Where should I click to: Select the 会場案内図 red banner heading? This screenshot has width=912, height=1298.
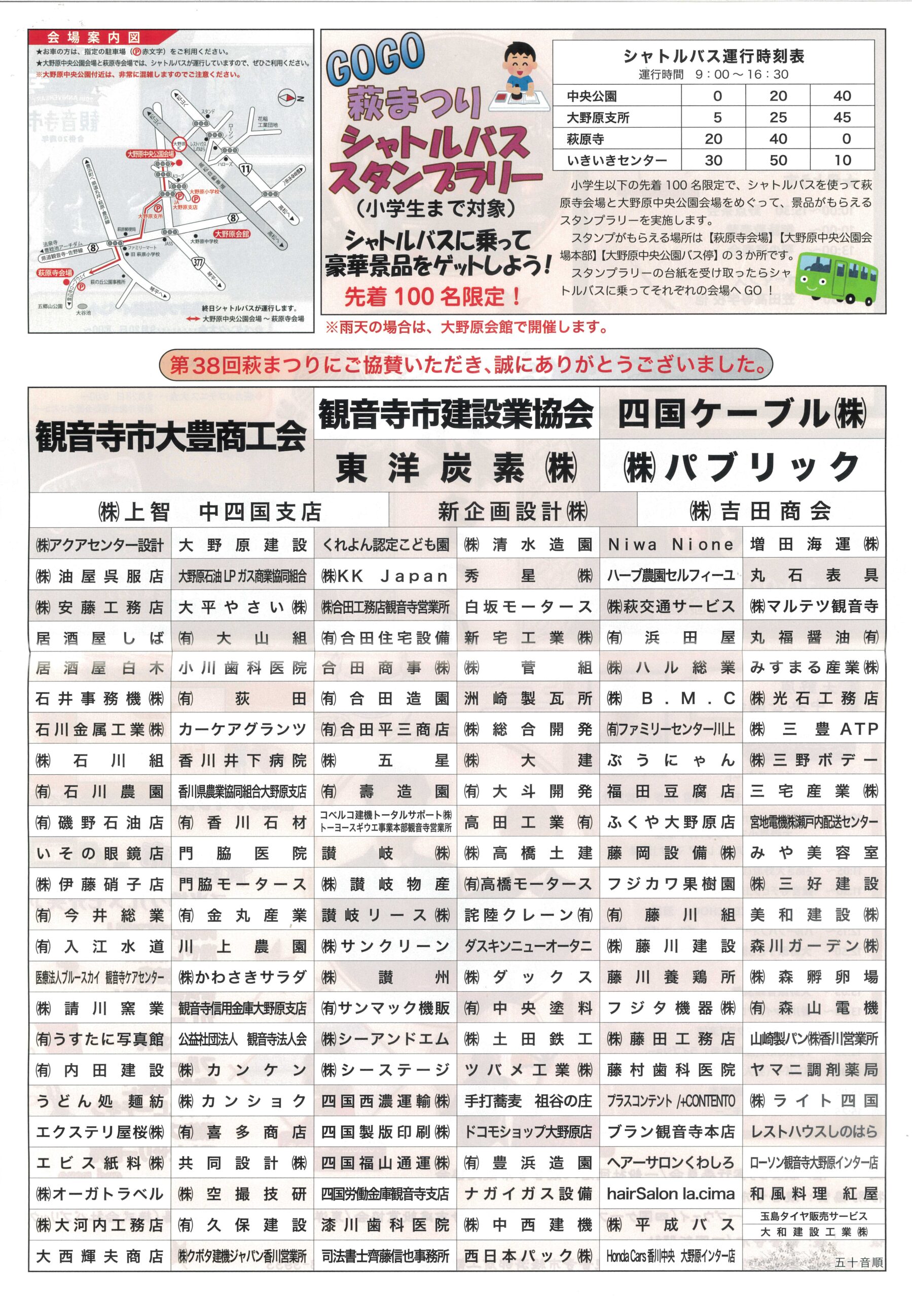click(x=94, y=38)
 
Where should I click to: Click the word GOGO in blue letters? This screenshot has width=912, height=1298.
click(x=376, y=59)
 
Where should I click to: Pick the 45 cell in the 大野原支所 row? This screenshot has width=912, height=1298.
click(x=842, y=118)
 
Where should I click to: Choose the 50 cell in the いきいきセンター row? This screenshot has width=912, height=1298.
click(x=778, y=161)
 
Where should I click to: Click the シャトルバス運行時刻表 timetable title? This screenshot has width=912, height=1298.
click(x=714, y=56)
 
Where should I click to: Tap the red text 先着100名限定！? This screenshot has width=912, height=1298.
click(x=432, y=297)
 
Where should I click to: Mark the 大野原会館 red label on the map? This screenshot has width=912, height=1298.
click(x=232, y=233)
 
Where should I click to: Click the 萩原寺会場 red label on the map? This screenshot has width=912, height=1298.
click(x=55, y=272)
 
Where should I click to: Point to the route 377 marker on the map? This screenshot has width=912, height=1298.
click(x=198, y=262)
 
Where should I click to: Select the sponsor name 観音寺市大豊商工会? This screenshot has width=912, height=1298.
click(x=171, y=438)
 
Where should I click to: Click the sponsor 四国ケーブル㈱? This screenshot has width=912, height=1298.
click(x=742, y=414)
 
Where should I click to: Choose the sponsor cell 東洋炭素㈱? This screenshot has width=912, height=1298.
click(x=456, y=468)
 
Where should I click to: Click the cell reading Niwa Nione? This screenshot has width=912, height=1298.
click(x=671, y=545)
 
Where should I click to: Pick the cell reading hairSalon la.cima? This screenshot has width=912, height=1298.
click(x=671, y=1194)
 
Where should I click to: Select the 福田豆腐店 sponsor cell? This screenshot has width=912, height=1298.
click(x=671, y=791)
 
